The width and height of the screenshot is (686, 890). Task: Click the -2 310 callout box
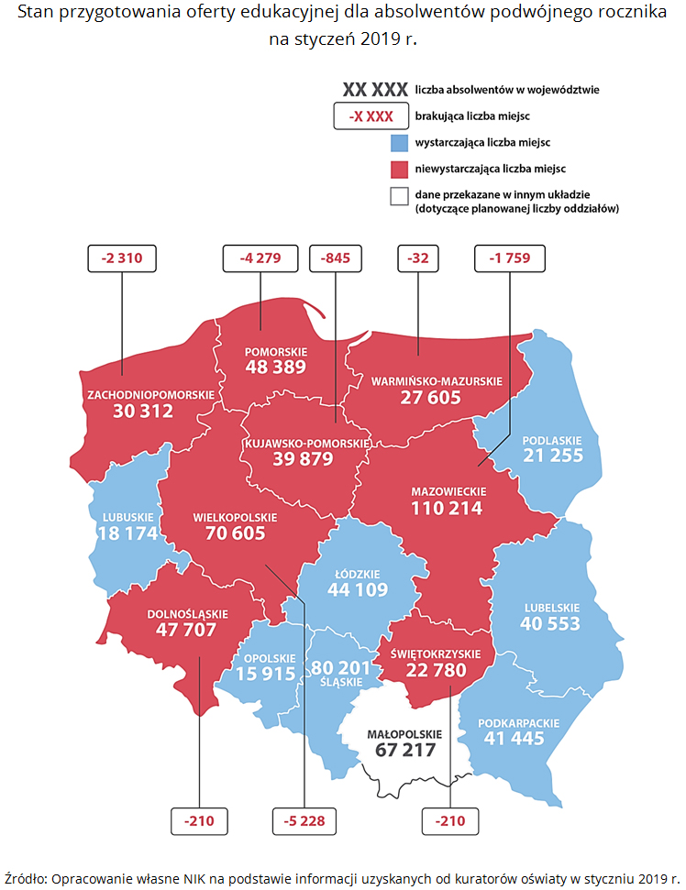[122, 258]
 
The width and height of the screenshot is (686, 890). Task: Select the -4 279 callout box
[260, 258]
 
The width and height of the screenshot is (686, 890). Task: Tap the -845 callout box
[337, 258]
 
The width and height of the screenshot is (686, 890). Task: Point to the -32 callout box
[418, 258]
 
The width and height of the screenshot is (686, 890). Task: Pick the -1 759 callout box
[510, 258]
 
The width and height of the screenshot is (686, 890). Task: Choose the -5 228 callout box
[306, 821]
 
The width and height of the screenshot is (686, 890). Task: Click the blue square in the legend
[398, 144]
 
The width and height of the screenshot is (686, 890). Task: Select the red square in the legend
[398, 170]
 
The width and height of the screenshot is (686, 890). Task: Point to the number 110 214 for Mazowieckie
[447, 509]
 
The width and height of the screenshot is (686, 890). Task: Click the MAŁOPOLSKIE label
[404, 734]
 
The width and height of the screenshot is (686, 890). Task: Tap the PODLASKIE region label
[553, 440]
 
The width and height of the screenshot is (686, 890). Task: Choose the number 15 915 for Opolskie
[266, 674]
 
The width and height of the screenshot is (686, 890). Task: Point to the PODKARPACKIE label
[519, 723]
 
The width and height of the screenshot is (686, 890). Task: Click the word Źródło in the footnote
[26, 875]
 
